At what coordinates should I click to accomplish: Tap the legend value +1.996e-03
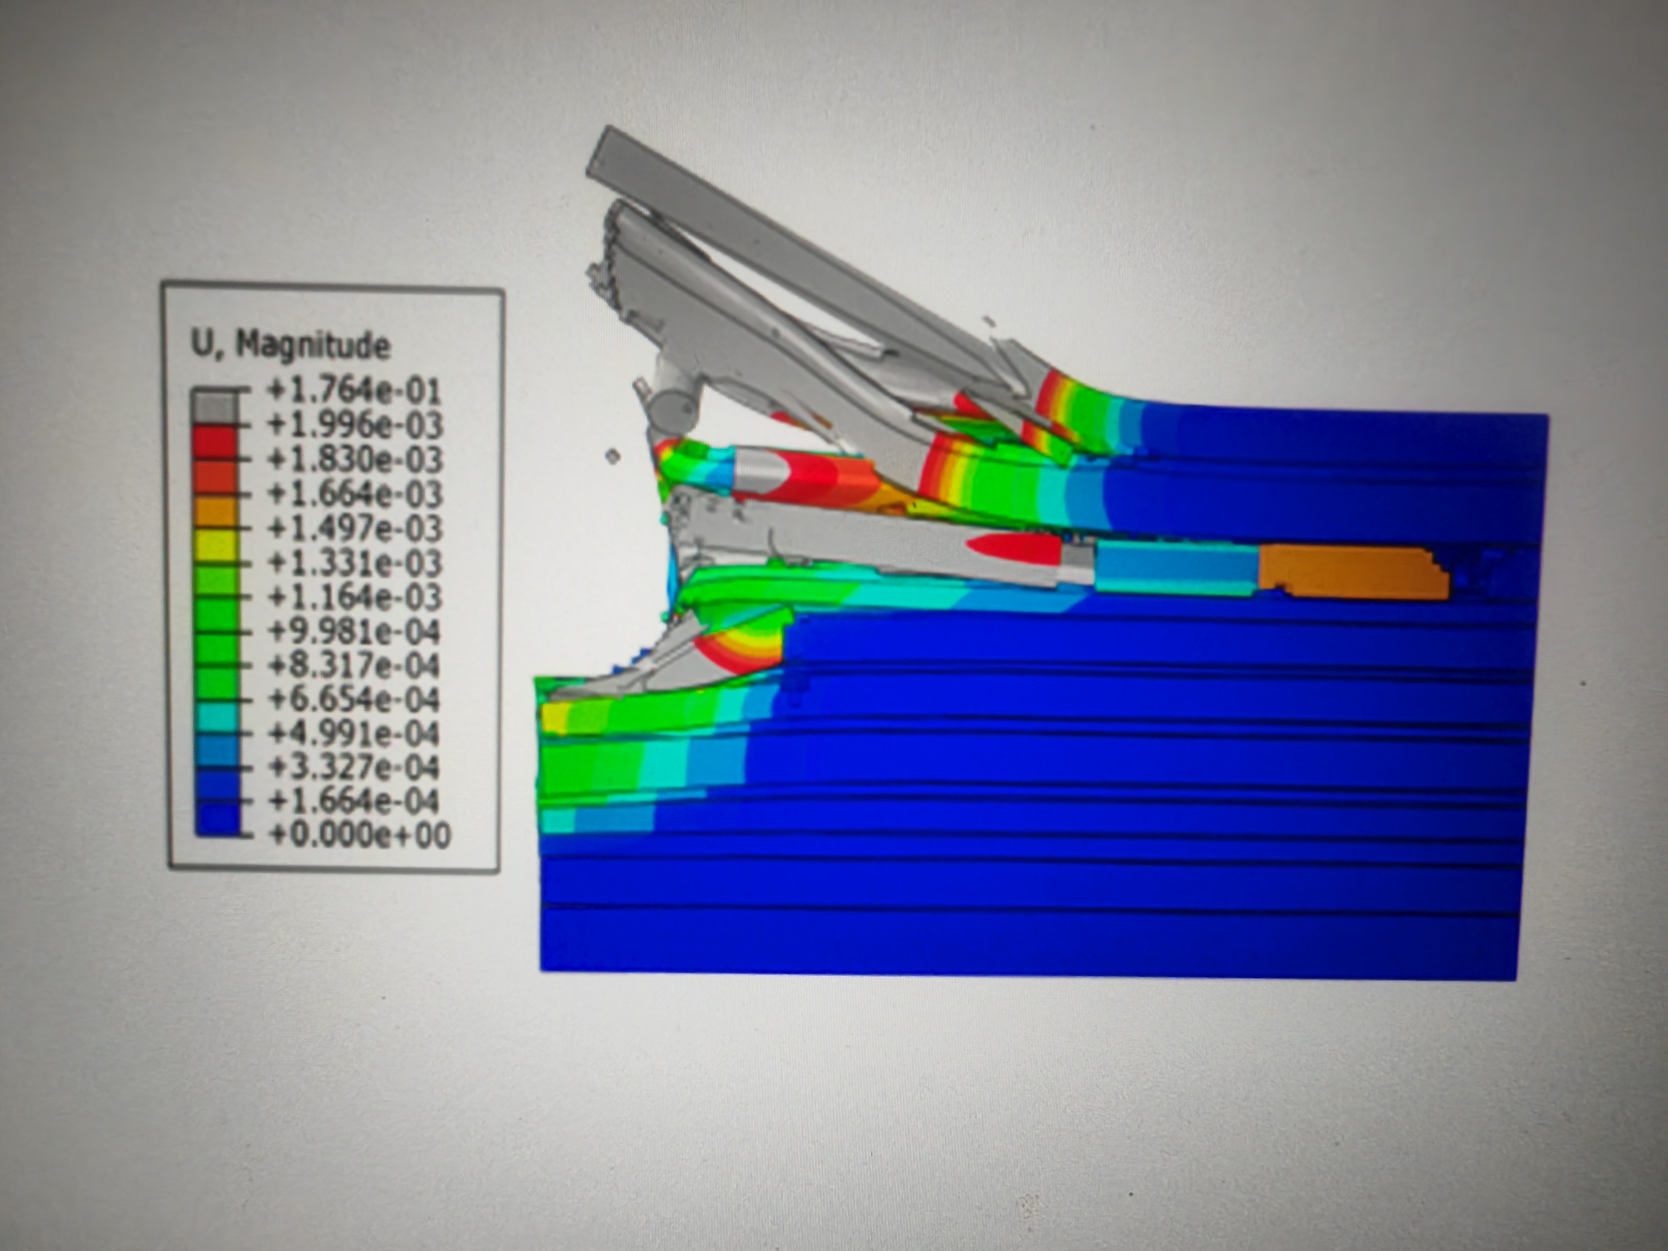354,425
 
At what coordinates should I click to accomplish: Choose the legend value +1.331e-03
354,562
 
